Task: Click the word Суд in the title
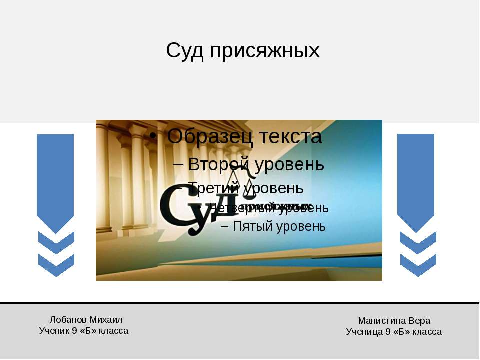tap(185, 50)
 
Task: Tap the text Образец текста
tap(244, 136)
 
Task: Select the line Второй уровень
tap(256, 164)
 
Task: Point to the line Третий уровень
tap(246, 188)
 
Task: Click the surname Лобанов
tap(69, 320)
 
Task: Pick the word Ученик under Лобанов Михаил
tap(54, 331)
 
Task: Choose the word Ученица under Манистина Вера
tap(364, 332)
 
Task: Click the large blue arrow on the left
tap(55, 180)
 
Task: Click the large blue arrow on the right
tap(416, 180)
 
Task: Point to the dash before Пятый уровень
tap(224, 226)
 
